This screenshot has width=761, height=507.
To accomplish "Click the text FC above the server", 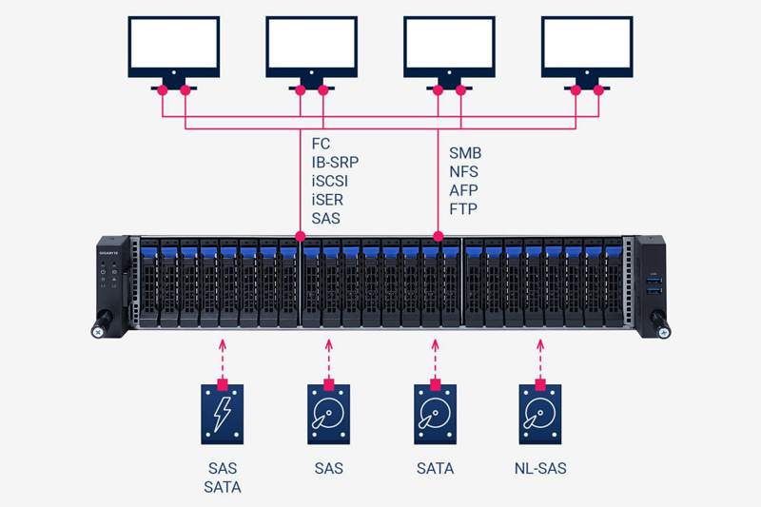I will pos(322,144).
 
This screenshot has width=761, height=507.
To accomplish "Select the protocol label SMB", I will pos(466,153).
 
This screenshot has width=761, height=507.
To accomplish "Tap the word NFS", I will pos(464,172).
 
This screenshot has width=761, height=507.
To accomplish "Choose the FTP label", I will pos(463,209).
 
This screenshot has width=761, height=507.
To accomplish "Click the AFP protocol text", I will pos(463,190).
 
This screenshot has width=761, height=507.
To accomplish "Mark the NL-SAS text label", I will pos(541,468).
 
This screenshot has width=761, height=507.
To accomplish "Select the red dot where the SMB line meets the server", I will pos(438,235).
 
